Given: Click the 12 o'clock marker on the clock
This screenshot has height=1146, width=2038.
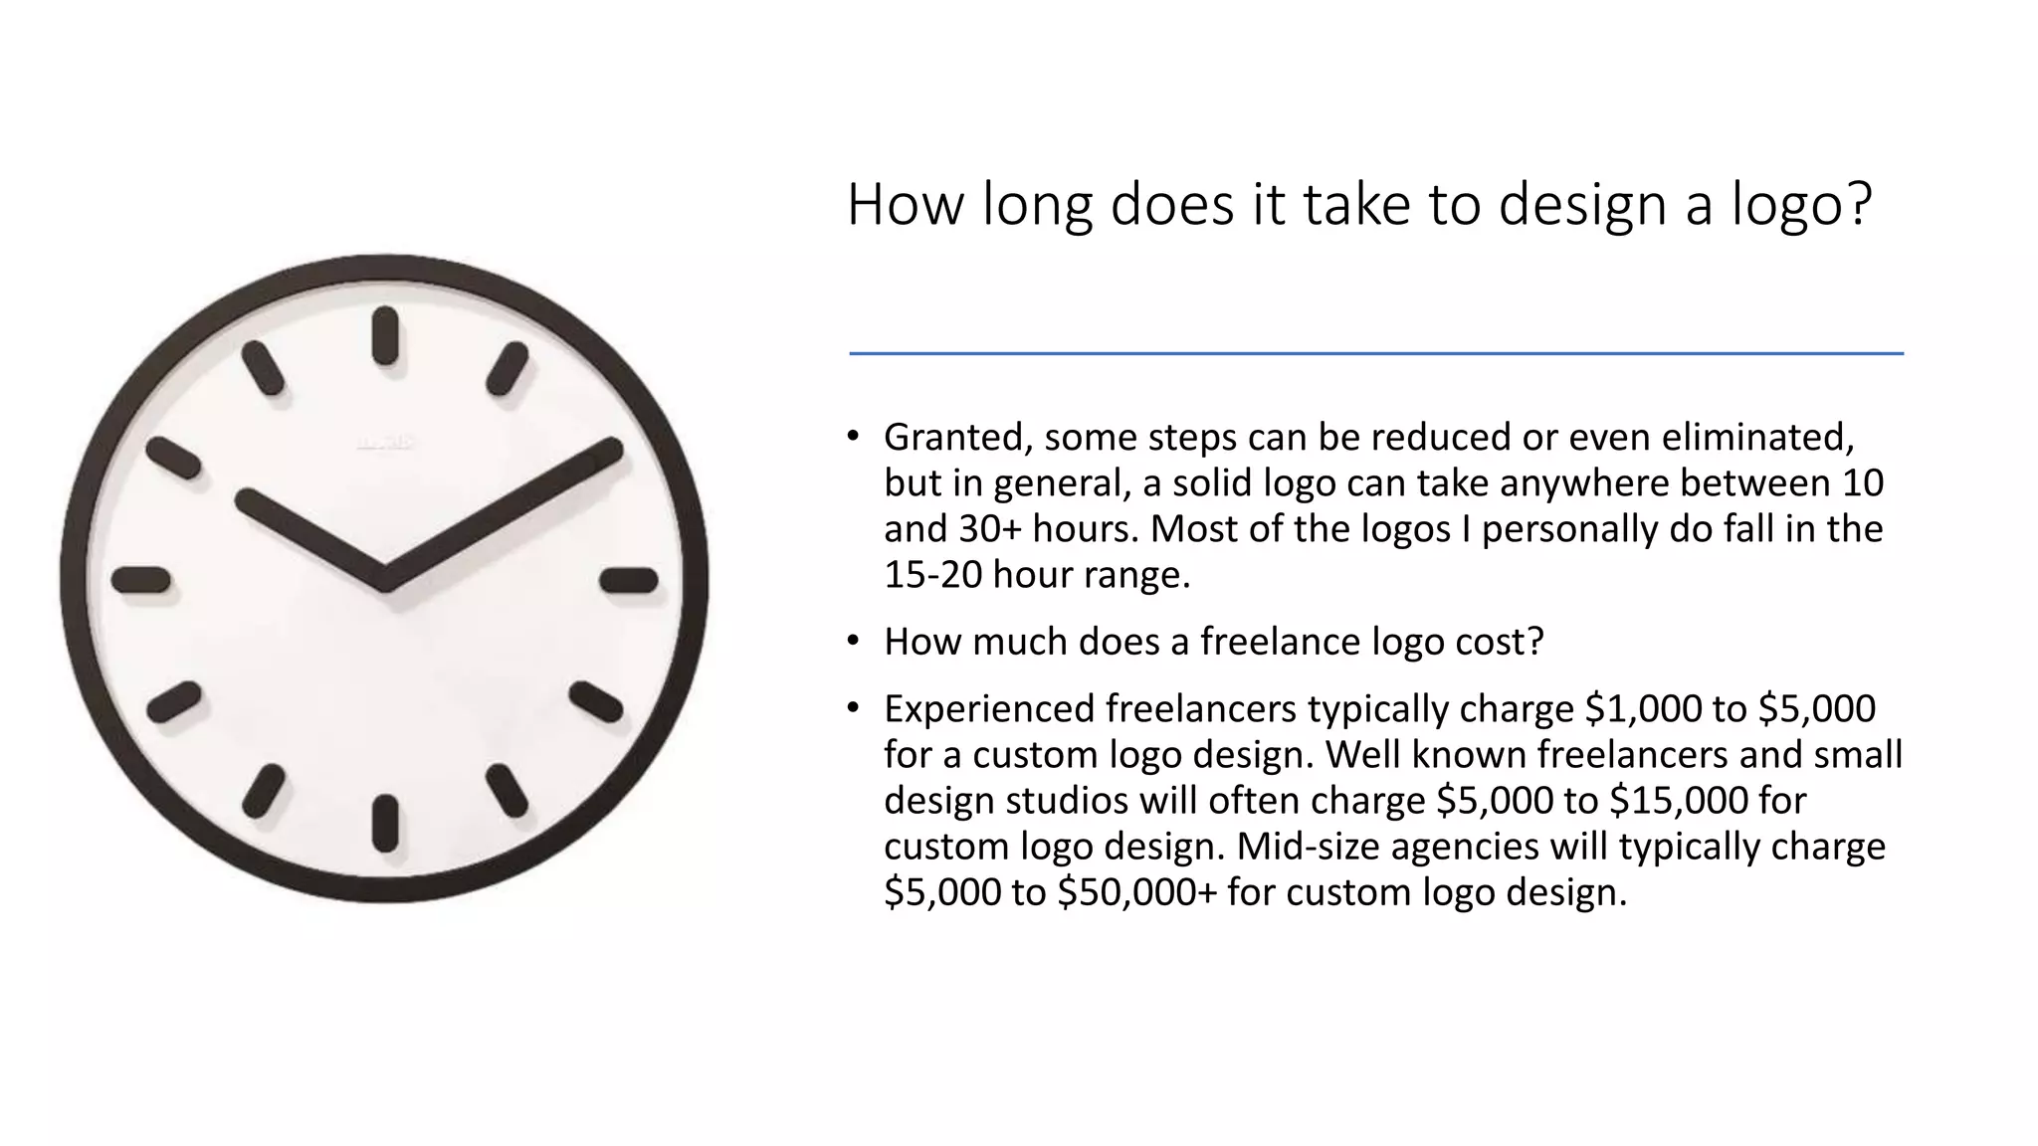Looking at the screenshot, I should click(x=385, y=336).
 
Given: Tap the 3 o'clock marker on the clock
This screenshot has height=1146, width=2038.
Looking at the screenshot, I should click(x=629, y=580).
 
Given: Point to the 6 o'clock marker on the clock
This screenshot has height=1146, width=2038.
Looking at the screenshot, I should click(x=385, y=824).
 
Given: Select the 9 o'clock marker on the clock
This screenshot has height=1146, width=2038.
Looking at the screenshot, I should click(x=140, y=580).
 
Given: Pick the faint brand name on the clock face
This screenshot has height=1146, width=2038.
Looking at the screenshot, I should click(x=385, y=444).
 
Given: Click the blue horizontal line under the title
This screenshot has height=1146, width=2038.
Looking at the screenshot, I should click(x=1375, y=353).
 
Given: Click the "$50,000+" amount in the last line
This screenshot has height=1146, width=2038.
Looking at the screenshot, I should click(x=1136, y=892).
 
